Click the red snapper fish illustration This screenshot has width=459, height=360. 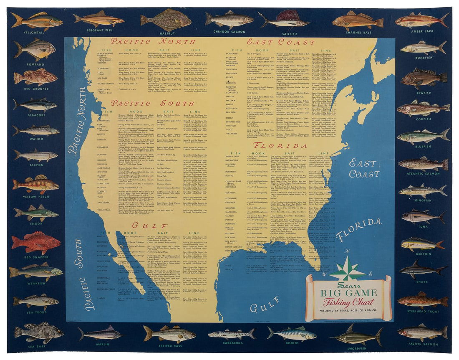coord(36,243)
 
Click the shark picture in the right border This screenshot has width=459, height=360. coord(422,269)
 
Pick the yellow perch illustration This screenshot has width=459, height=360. coord(36,184)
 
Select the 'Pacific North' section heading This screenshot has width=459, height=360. coord(152,42)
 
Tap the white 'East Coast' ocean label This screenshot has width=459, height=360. coord(364,168)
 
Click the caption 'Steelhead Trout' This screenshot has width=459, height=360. coord(422,312)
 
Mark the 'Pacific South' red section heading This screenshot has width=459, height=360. coord(152,103)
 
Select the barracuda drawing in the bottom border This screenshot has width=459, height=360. coord(231,334)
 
